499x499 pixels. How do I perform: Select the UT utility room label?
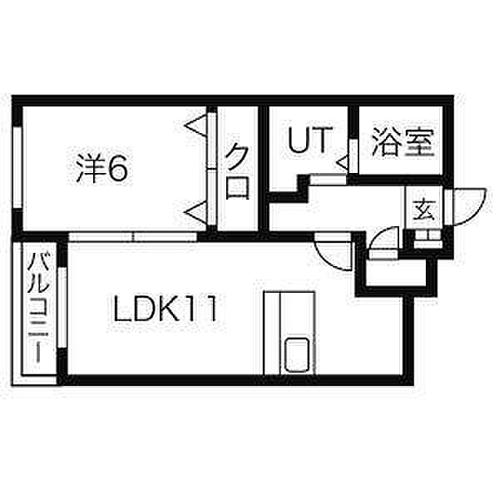(309, 140)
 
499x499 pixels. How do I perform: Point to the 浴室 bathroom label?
(403, 141)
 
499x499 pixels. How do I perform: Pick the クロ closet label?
(238, 170)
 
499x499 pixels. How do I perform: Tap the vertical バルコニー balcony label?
(37, 308)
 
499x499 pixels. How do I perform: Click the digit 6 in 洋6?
(117, 170)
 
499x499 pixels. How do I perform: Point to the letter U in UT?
(299, 140)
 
